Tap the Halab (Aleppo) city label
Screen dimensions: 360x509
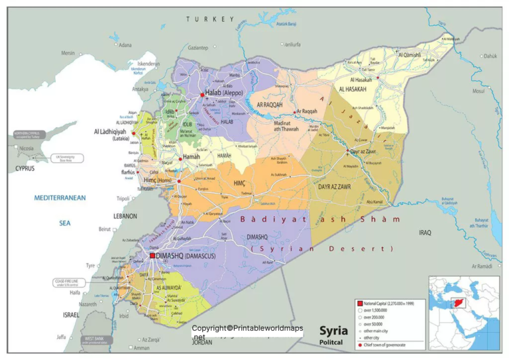pyautogui.click(x=224, y=93)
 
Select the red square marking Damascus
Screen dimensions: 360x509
pyautogui.click(x=152, y=255)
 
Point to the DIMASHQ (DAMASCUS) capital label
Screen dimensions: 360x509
pyautogui.click(x=189, y=255)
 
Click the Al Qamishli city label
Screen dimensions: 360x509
pyautogui.click(x=410, y=54)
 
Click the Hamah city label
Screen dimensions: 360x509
pyautogui.click(x=191, y=156)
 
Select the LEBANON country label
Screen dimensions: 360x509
pyautogui.click(x=125, y=216)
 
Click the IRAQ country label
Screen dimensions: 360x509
pyautogui.click(x=425, y=233)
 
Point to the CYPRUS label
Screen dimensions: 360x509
pyautogui.click(x=25, y=168)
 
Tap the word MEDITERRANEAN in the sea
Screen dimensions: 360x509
pyautogui.click(x=60, y=198)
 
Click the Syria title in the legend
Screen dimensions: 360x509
pyautogui.click(x=333, y=330)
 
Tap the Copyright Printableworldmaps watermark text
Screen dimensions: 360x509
pyautogui.click(x=247, y=328)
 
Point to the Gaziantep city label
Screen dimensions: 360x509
pyautogui.click(x=198, y=48)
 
